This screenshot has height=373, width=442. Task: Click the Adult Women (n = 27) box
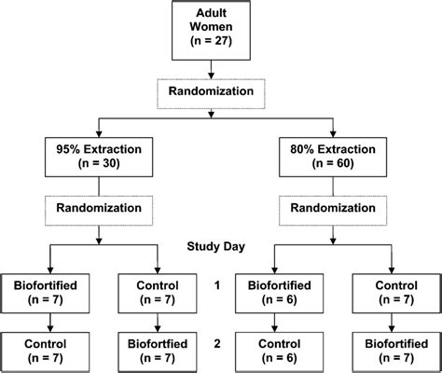[215, 29]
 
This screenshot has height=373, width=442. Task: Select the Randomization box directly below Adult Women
[215, 91]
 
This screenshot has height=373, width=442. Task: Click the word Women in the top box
[215, 29]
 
